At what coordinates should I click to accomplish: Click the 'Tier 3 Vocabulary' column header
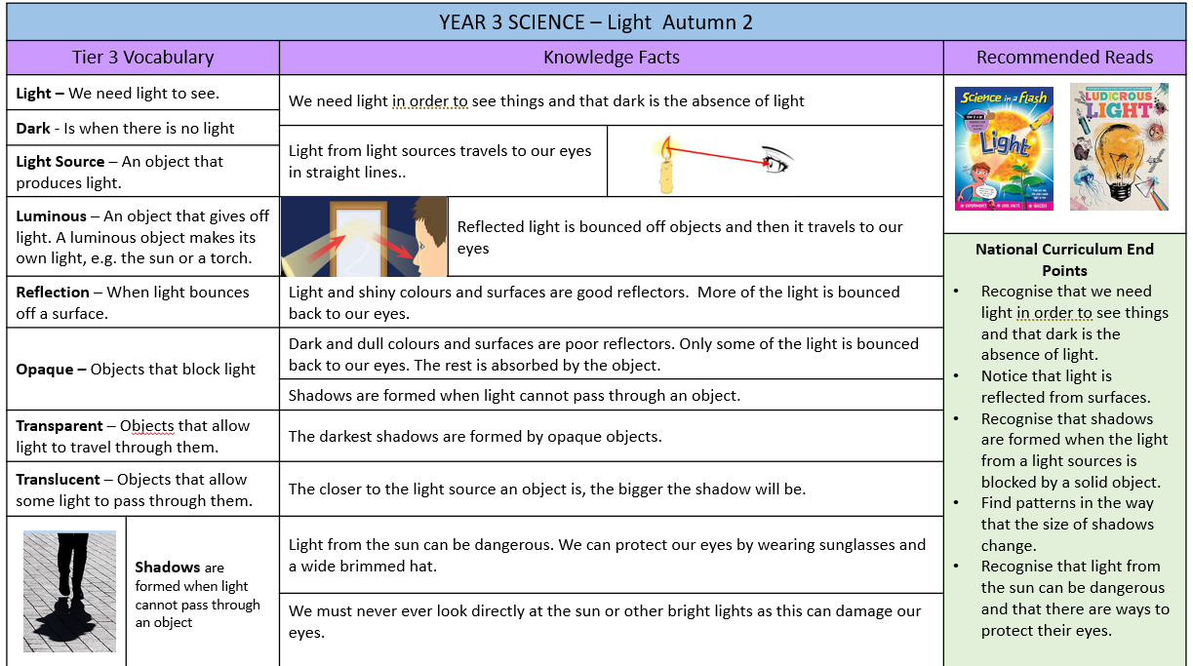point(142,57)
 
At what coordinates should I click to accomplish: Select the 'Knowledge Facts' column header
point(612,57)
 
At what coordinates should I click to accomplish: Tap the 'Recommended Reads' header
point(1064,57)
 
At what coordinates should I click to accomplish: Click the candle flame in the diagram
point(665,148)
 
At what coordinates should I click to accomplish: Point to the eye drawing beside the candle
point(777,160)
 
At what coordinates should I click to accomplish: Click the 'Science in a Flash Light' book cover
point(1004,148)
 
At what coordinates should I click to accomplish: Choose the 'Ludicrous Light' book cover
point(1120,146)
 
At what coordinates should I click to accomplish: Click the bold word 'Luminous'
point(51,216)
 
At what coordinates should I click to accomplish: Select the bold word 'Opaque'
point(44,370)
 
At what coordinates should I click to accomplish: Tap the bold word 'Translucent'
point(58,480)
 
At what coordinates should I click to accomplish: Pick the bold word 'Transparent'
point(60,426)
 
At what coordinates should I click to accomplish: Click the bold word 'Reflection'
point(53,293)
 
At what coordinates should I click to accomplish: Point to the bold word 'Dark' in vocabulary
point(33,129)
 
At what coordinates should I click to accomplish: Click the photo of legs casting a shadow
point(69,591)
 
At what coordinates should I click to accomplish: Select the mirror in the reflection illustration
point(358,240)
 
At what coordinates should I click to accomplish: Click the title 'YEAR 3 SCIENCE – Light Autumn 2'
point(596,22)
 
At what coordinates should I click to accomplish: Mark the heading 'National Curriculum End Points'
point(1064,259)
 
